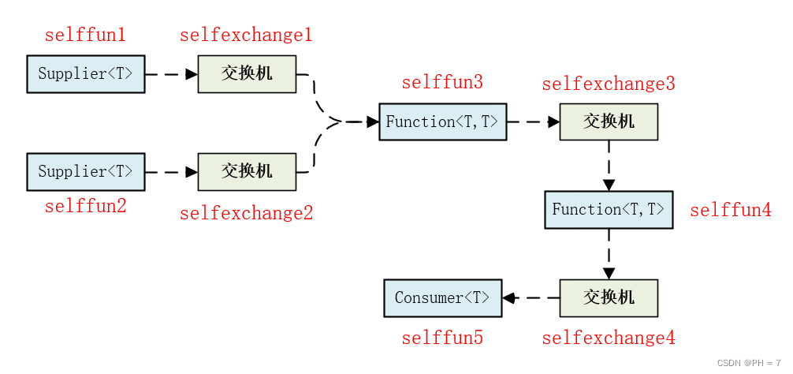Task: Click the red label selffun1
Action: pos(85,36)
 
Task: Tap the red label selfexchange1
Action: pos(246,36)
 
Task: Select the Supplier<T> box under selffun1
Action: pos(86,74)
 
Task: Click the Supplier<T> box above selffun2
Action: pos(86,171)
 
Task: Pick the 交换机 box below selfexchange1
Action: pos(247,74)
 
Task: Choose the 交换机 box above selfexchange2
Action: pos(247,171)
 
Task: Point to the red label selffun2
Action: pos(85,207)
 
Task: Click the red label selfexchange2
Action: pos(246,213)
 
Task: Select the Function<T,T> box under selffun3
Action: pos(442,122)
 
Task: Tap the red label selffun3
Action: pos(442,83)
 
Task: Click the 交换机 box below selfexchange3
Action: pos(609,122)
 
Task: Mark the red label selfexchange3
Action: pos(609,84)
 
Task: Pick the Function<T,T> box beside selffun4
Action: pos(609,210)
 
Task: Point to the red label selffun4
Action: pos(731,211)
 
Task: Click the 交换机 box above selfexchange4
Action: pos(609,297)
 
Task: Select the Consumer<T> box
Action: pos(443,297)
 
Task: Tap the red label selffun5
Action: pos(442,338)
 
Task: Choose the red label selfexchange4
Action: pos(609,338)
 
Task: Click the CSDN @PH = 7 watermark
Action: pos(749,363)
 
